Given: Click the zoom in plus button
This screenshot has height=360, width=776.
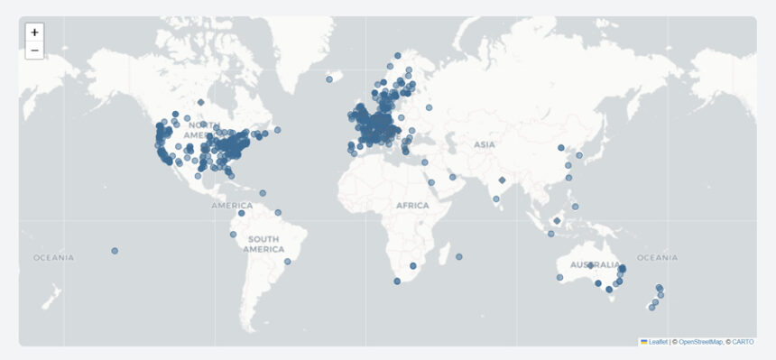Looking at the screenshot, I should click(34, 32).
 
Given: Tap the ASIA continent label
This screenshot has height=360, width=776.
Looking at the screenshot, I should click(485, 144).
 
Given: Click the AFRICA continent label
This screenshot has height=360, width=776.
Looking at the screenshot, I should click(412, 206).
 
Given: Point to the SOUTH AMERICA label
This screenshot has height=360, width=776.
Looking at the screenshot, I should click(263, 244).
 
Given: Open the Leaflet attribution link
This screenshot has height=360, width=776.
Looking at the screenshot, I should click(658, 342).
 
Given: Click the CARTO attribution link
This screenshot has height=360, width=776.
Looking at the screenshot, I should click(744, 342).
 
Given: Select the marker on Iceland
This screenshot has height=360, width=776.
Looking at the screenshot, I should click(328, 79).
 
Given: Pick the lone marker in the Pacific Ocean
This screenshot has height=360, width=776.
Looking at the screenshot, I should click(115, 250).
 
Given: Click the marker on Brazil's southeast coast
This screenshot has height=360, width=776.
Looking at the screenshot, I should click(288, 262).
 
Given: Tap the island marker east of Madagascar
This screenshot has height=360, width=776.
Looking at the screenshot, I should click(458, 257).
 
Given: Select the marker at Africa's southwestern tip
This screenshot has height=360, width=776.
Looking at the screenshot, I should click(397, 282).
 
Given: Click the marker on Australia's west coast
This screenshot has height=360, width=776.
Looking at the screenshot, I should click(559, 277).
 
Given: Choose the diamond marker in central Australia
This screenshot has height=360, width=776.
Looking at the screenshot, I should click(590, 266).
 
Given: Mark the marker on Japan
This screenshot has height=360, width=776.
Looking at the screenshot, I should click(579, 155).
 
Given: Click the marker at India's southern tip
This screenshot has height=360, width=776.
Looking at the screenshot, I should click(496, 198).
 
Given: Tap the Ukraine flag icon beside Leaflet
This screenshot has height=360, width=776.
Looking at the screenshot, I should click(643, 342).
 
